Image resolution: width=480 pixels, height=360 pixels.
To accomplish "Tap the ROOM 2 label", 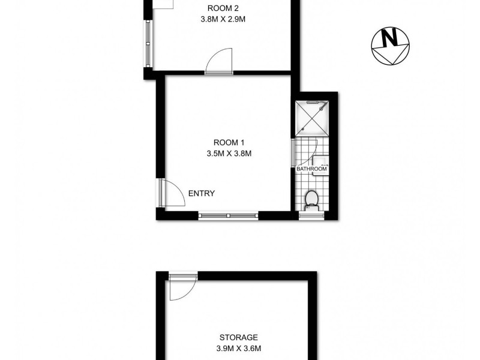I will (223, 8).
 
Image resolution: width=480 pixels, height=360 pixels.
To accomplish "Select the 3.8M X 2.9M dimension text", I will (223, 19).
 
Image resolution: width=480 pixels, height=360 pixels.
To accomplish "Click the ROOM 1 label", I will (229, 143).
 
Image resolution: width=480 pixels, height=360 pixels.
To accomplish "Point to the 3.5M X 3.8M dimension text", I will (229, 154).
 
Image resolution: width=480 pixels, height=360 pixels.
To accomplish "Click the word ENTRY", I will (202, 193).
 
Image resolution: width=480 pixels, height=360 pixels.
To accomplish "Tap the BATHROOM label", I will (312, 169).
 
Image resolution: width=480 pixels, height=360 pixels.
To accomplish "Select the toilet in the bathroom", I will (312, 199).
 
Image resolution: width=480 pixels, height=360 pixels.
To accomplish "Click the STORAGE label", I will (238, 337).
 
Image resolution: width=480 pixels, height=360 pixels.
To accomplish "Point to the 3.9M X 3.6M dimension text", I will (238, 348).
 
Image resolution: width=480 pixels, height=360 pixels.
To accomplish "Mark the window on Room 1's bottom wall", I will (228, 214).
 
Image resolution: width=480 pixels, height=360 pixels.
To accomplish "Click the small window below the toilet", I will (312, 214).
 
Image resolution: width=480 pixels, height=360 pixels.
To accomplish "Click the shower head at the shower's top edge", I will (313, 103).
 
